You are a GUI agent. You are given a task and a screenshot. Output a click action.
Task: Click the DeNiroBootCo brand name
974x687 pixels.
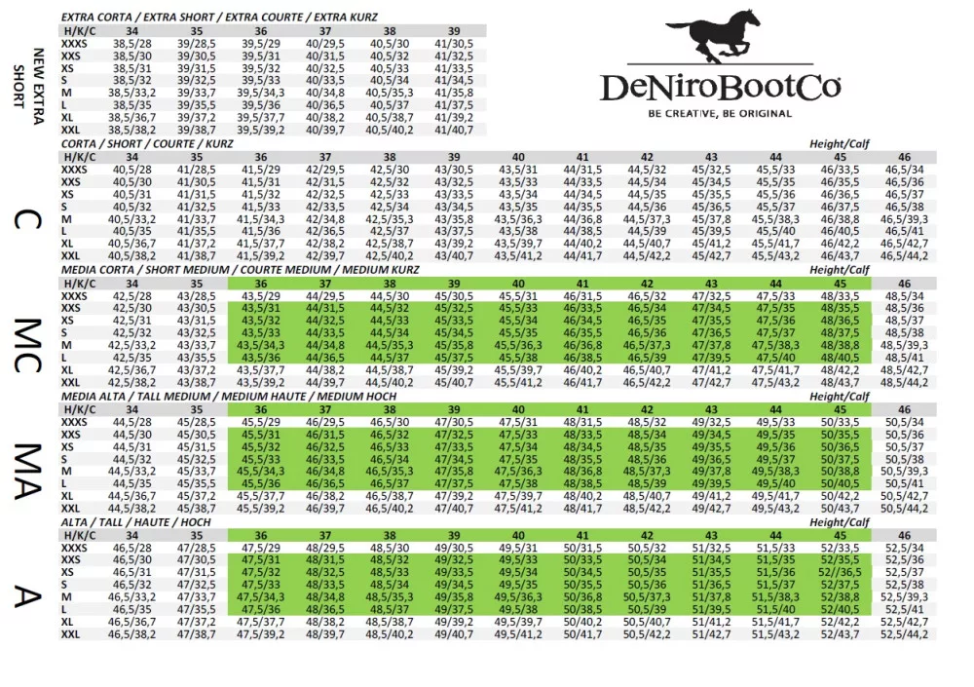tap(721, 89)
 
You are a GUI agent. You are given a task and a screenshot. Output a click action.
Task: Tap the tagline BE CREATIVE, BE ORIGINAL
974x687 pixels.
tap(721, 113)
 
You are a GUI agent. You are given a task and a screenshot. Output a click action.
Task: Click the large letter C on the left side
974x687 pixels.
tap(26, 219)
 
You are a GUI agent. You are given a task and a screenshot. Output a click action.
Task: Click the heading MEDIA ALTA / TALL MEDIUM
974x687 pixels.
tap(229, 397)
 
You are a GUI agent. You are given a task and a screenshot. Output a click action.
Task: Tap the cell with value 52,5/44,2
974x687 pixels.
tap(904, 634)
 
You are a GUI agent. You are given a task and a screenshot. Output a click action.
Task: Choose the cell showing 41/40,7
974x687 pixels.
tap(454, 129)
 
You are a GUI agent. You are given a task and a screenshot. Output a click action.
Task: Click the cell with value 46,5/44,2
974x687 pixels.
tap(904, 256)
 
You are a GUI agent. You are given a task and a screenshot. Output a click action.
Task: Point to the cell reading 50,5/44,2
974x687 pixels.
tap(904, 508)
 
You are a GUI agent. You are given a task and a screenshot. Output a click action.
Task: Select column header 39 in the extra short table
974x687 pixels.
tap(454, 31)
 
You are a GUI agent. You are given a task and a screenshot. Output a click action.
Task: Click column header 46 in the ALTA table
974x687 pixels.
tap(904, 536)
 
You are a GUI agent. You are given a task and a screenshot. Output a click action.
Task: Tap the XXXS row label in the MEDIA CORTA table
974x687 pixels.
tap(74, 295)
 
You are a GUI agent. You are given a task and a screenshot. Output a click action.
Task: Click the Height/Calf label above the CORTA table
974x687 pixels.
tap(840, 144)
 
